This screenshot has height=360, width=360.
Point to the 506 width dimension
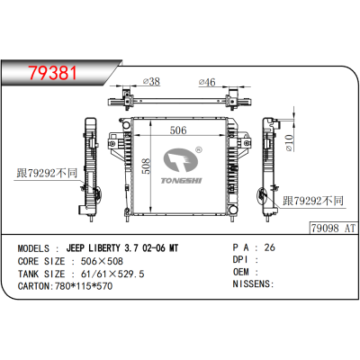point(179,130)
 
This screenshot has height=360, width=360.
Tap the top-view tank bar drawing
point(180,98)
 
